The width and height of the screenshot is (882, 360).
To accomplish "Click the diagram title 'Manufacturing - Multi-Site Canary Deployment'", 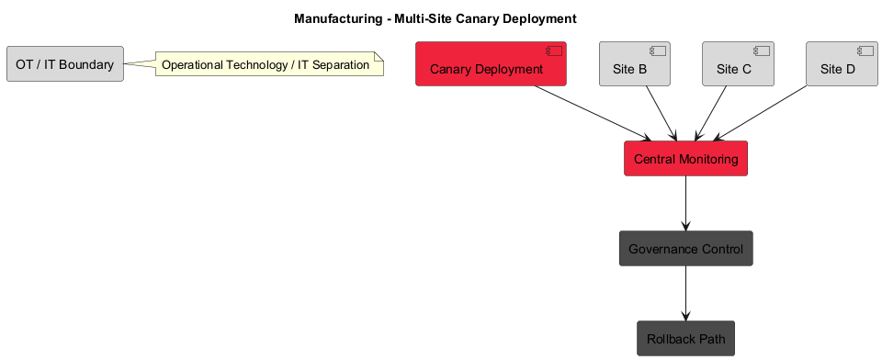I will pos(435,18).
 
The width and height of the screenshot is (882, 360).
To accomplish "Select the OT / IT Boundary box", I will pos(64,64).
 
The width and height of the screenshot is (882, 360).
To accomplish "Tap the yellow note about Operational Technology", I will pos(266,65).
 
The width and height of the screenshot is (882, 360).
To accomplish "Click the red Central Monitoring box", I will pos(685,159).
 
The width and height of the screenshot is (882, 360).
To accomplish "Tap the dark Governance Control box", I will pos(685,249).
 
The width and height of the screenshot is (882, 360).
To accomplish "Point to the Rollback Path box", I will pos(685,339).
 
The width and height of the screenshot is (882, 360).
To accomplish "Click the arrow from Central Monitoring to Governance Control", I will pos(685,203).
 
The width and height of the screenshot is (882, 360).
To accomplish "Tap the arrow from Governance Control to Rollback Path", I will pos(685,293).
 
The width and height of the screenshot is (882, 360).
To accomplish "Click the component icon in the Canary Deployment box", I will pos(554,51).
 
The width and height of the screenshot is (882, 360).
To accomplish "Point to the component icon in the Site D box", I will pos(865,51).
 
